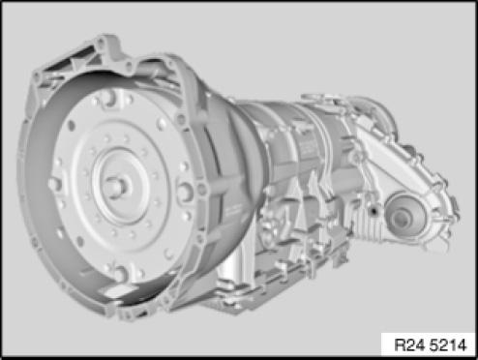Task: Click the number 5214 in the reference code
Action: click(x=448, y=345)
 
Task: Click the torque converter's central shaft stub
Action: click(x=119, y=187)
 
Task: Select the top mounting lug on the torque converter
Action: click(x=111, y=98)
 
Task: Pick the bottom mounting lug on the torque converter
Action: click(x=121, y=273)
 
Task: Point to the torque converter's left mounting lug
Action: click(x=56, y=185)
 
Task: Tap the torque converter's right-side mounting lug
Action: click(x=185, y=192)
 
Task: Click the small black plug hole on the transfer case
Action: click(x=373, y=211)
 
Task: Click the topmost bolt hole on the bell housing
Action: click(x=101, y=43)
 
